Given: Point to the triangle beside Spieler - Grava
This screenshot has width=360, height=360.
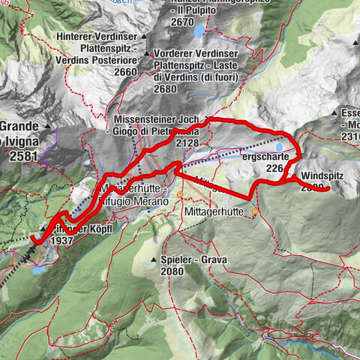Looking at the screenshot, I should pyautogui.click(x=153, y=262).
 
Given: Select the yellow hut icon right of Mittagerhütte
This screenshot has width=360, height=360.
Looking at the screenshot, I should pyautogui.click(x=255, y=212).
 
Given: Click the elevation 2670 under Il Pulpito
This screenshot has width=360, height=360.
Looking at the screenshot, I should pyautogui.click(x=182, y=22).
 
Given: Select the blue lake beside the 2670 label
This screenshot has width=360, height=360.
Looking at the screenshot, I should pyautogui.click(x=199, y=31).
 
